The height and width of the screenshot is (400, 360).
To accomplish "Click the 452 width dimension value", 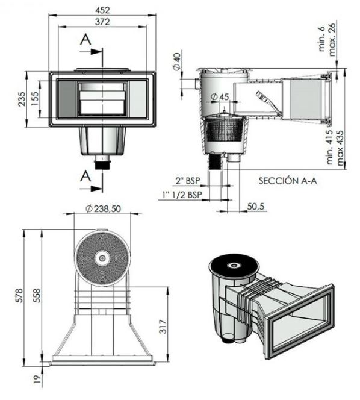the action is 102,10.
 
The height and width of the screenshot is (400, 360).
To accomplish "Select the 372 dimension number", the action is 102,22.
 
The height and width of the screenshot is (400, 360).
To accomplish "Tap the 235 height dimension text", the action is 22,99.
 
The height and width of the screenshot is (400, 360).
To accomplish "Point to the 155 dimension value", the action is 35,99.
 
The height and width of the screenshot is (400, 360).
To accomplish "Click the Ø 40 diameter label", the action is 176,61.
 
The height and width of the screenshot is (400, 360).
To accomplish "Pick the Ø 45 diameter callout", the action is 220,97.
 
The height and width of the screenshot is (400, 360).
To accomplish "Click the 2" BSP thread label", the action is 188,181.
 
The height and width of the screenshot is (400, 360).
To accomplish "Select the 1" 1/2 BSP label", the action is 182,195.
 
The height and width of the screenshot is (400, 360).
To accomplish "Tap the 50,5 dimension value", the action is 256,206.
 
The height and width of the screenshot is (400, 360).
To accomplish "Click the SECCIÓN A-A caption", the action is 288,181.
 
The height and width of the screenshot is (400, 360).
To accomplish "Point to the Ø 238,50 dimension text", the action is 103,209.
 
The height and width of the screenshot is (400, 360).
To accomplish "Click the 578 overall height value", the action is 19,295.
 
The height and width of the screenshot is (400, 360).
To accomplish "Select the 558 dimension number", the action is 37,295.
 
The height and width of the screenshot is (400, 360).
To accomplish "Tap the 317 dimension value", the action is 163,327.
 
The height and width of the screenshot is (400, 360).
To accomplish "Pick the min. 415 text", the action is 330,147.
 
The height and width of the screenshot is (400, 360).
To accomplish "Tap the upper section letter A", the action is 85,40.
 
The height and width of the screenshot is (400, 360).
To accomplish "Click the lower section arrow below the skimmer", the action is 91,189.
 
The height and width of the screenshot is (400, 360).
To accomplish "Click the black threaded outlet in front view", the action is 102,165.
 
